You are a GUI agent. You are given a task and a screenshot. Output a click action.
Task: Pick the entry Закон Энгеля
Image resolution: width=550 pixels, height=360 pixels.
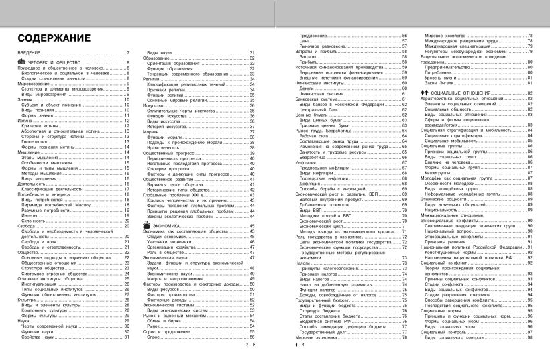click(x=439, y=82)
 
